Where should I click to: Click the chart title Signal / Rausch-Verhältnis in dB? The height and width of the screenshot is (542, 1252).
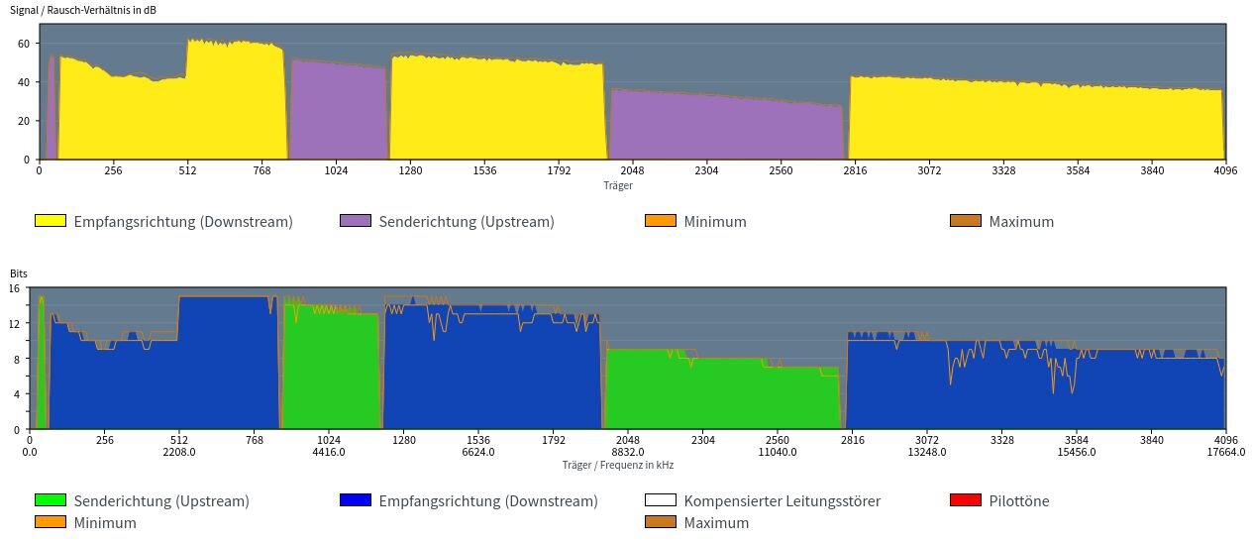(83, 10)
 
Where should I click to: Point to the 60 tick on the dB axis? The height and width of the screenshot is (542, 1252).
(27, 43)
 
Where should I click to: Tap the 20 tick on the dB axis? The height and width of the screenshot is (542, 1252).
(27, 120)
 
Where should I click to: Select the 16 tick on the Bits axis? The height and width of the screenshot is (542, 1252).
(15, 288)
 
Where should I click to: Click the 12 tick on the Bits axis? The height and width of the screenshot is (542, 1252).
(15, 323)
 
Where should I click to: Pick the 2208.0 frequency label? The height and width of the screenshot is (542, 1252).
(179, 452)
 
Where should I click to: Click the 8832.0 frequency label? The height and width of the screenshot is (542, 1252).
(628, 452)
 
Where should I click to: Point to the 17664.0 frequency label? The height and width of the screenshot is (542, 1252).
(1225, 452)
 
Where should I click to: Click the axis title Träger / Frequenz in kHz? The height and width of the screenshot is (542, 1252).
(617, 465)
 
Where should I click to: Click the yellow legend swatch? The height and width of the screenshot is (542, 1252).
(51, 221)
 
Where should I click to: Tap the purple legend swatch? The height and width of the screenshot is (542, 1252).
(356, 221)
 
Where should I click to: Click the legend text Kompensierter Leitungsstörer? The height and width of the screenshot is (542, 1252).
(782, 501)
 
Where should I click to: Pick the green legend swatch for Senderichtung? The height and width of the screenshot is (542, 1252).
(51, 500)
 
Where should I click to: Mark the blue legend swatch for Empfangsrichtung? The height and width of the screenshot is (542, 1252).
(356, 500)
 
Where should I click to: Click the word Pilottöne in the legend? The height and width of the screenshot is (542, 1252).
(1018, 501)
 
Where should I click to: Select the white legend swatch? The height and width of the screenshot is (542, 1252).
(661, 500)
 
